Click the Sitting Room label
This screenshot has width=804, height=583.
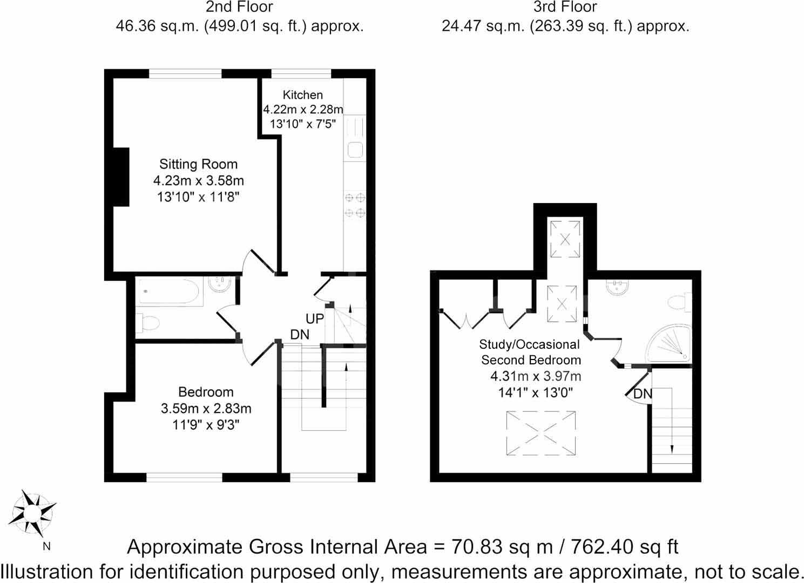(x=198, y=164)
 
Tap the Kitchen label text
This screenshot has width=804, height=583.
(x=302, y=95)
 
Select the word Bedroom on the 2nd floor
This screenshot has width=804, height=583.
(x=206, y=392)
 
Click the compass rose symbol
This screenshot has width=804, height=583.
(x=34, y=513)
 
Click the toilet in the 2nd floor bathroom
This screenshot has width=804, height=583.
(x=148, y=323)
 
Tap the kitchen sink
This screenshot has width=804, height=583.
(x=355, y=149)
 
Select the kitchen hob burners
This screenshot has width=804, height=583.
(x=355, y=206)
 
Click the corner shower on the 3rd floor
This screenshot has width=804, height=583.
(x=670, y=343)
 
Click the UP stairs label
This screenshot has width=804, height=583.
(x=315, y=319)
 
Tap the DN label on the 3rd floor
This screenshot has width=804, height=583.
(x=643, y=394)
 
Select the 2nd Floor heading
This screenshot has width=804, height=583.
(x=239, y=8)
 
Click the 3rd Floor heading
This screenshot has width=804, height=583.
(x=565, y=8)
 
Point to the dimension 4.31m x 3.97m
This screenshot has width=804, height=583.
(x=535, y=376)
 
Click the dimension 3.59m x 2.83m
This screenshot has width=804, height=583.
(x=206, y=409)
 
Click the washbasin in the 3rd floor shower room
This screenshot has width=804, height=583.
(x=618, y=287)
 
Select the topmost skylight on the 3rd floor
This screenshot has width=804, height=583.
(x=565, y=238)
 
